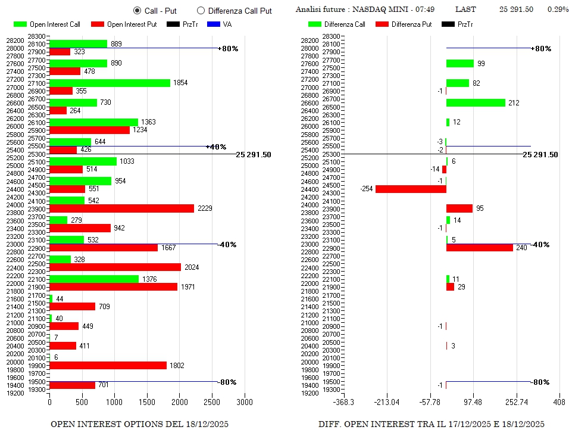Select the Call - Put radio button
137,11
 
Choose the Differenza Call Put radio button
201,11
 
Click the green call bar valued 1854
110,83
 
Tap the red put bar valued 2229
121,208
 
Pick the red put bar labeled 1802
108,366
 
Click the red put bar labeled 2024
115,267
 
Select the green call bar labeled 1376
93,279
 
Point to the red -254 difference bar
411,189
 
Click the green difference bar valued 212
476,102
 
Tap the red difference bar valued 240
479,248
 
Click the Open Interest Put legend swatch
98,24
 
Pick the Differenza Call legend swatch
315,24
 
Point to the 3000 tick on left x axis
245,403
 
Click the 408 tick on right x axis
559,403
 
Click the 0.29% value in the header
558,10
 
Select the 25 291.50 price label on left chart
253,154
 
